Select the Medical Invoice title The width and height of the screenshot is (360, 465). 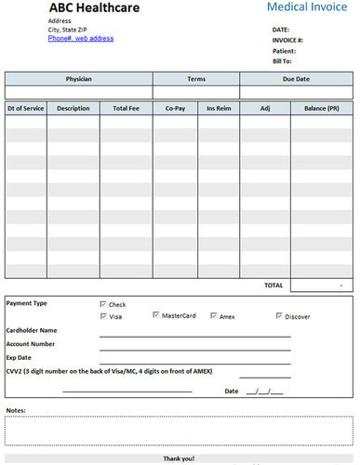tap(308, 7)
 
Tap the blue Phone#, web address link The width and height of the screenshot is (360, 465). tap(81, 38)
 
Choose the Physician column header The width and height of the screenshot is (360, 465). tap(78, 79)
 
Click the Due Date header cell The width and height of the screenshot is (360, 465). tap(297, 79)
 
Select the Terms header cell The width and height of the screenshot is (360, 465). tap(195, 79)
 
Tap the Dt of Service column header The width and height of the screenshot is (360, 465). tap(25, 109)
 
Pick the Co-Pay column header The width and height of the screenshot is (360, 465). tap(176, 109)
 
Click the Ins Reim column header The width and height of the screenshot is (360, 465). tap(219, 109)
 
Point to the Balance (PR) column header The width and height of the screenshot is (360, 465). tap(321, 109)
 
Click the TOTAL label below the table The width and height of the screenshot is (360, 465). tap(273, 284)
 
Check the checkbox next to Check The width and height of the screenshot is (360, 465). tap(103, 304)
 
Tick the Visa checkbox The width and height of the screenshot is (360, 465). tap(103, 316)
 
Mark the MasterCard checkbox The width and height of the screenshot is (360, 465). tap(156, 316)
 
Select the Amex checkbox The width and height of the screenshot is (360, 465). tap(214, 316)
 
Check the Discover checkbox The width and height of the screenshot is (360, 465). tap(279, 316)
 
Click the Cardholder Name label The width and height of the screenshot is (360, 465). tap(32, 330)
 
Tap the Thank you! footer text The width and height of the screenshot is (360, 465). tap(180, 458)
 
